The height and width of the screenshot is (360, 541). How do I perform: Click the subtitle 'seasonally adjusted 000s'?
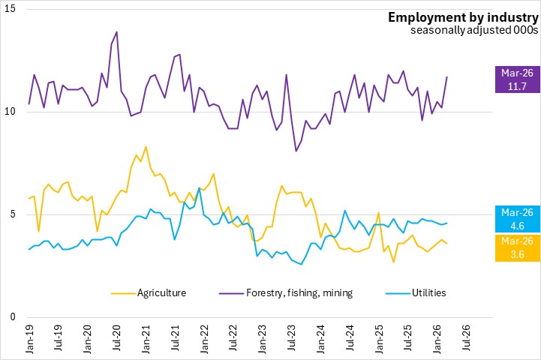pos(474,31)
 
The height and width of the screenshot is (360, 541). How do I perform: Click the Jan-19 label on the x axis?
pos(30,338)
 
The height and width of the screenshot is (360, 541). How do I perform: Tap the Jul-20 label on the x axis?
pos(117,338)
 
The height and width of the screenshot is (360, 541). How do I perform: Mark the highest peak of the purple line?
pos(116,32)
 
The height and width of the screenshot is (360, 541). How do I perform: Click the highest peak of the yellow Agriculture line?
pos(146,147)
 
